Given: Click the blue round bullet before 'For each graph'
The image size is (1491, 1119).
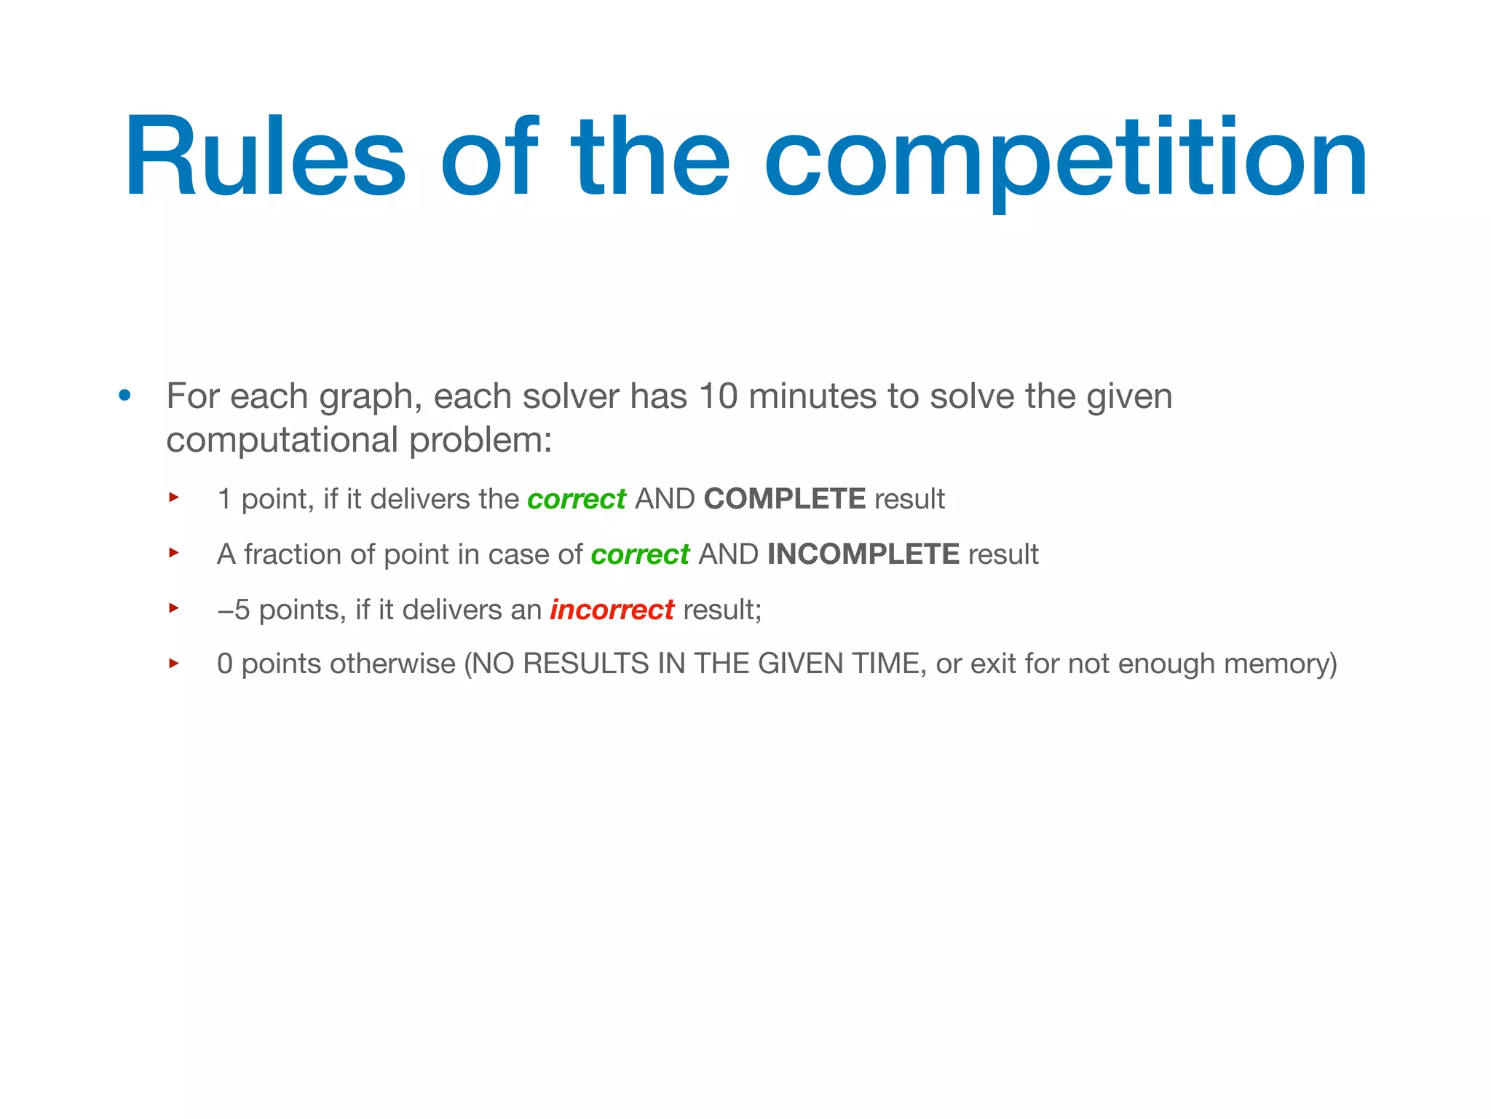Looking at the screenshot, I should point(125,396).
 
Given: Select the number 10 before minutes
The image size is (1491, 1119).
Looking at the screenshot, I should point(718,396).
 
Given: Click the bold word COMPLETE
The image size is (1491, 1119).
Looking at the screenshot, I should point(784,499).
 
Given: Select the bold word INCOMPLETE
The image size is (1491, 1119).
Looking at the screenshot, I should point(863,554).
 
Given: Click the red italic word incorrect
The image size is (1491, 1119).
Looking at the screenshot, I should point(612,610).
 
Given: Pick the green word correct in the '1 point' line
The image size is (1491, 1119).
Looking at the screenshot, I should point(576,500).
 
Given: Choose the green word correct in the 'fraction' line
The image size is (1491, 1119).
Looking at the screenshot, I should point(639,555).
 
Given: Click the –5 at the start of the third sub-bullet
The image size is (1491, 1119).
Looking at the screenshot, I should point(233,610).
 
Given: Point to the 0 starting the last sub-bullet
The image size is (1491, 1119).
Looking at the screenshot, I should point(225,664).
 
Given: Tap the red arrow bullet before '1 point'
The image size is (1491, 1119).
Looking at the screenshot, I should point(174,498).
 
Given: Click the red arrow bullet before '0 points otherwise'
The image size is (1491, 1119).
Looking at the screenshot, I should point(174,663).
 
